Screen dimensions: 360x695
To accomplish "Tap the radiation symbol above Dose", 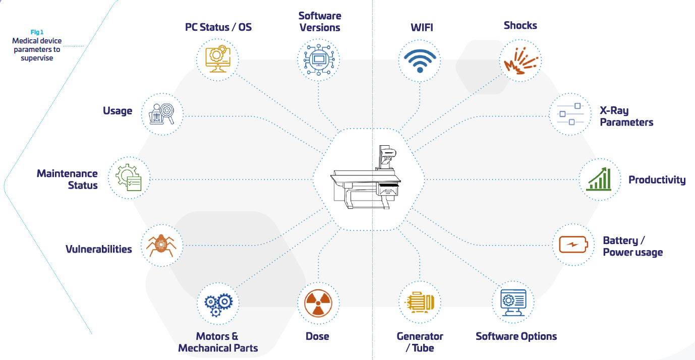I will coord(319,304).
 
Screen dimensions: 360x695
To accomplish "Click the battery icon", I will coord(573,245).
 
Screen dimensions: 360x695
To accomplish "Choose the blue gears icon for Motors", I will coord(218,304).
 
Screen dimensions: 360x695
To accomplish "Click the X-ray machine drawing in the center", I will coord(367,179).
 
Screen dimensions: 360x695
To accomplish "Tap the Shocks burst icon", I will coord(520,61).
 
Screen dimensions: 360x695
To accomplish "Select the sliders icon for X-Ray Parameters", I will coord(570,114).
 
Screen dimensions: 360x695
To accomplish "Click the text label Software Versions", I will coord(320,22).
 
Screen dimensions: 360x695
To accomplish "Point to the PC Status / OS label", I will coord(218,27).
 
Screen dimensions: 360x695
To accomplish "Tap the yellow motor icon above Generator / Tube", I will coord(420,303).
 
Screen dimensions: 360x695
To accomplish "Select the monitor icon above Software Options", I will coord(513,303).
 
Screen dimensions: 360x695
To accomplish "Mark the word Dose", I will coord(317,336).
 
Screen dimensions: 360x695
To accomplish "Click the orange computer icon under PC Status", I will coord(218,60).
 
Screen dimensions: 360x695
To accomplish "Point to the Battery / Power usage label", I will coord(632,247).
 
